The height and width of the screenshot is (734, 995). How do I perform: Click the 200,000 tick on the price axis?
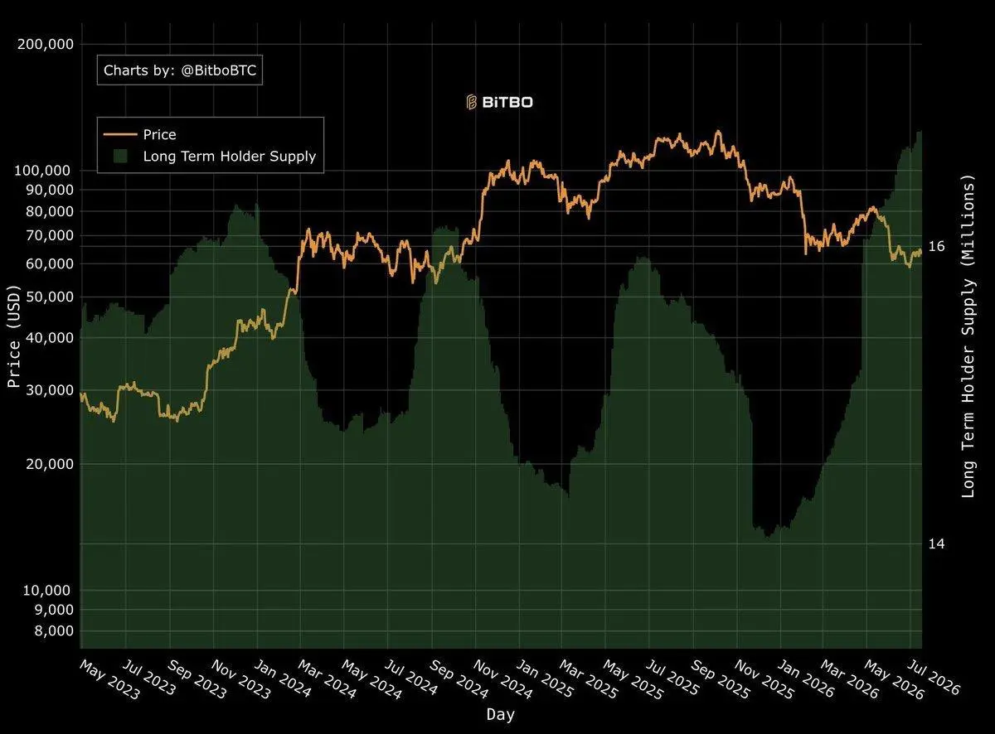coord(46,45)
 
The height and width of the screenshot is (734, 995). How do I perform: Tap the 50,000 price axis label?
coord(50,297)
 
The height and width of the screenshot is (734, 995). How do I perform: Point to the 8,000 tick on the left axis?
coord(54,631)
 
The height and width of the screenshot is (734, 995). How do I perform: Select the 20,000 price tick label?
coord(50,464)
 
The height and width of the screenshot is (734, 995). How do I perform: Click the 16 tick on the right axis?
coord(936,246)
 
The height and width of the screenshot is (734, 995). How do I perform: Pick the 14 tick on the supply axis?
coord(936,544)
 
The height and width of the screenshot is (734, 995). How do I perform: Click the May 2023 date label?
coord(109,680)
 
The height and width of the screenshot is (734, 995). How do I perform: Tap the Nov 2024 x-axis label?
coord(502,680)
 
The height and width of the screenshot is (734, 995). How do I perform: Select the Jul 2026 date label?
coord(933,678)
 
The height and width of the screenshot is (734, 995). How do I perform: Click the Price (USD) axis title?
coord(14,336)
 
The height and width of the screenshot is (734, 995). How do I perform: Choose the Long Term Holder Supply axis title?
coord(969,336)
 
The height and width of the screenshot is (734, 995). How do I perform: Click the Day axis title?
coord(500,715)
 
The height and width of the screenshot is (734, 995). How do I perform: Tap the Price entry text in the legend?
coord(159,134)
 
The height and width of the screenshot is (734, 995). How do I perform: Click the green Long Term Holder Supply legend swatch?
coord(120,156)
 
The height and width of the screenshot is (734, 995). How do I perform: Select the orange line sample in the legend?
coord(120,134)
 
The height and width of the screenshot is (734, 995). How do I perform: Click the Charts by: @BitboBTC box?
coord(180,70)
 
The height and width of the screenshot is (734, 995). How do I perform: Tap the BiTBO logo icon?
coord(471,102)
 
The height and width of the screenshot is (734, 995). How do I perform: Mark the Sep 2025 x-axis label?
coord(720,679)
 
